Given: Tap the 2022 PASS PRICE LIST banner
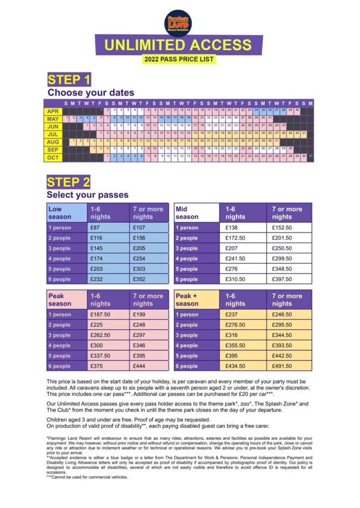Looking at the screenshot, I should [179, 59].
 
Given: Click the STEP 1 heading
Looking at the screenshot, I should [69, 80].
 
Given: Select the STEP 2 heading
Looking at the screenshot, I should [69, 182].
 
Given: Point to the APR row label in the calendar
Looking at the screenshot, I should [53, 112].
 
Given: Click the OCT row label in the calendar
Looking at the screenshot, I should [53, 157].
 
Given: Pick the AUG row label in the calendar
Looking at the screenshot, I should [53, 142].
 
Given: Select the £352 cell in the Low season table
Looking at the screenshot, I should [139, 280].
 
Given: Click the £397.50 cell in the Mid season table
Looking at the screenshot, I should [282, 280].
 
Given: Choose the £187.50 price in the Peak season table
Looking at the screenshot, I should [100, 315].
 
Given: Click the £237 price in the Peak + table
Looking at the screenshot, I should [232, 315].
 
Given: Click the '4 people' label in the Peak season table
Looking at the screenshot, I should [60, 346].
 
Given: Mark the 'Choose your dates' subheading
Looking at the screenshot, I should [91, 93].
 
